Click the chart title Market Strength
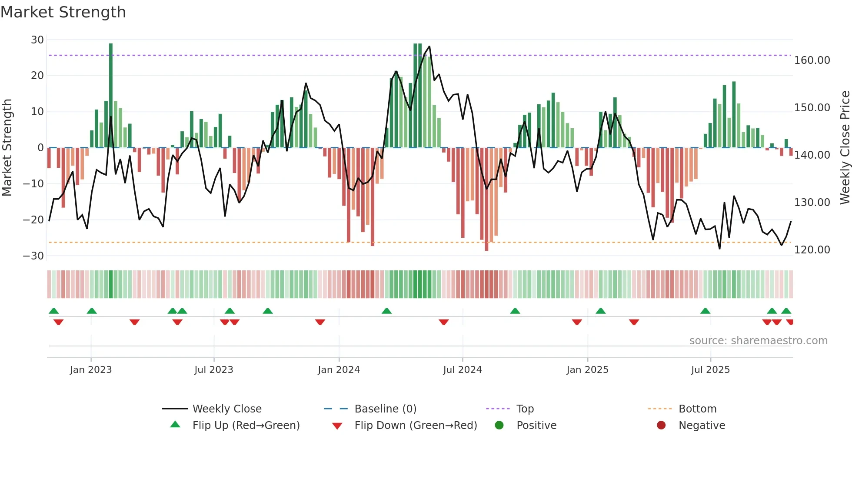point(63,12)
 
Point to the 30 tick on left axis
point(37,40)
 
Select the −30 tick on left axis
point(33,256)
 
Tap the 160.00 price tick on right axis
point(812,60)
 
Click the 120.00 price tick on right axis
point(812,250)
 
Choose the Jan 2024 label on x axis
point(339,370)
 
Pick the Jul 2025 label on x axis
point(710,370)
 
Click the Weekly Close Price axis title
point(845,148)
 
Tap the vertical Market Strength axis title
point(7,148)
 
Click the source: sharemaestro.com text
point(758,341)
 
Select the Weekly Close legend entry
point(226,409)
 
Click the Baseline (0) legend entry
point(385,409)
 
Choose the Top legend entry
point(525,409)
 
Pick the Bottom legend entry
point(697,409)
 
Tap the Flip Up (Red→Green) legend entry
point(246,426)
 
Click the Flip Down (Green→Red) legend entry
point(415,426)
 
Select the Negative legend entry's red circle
point(661,426)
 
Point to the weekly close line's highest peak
point(429,47)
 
